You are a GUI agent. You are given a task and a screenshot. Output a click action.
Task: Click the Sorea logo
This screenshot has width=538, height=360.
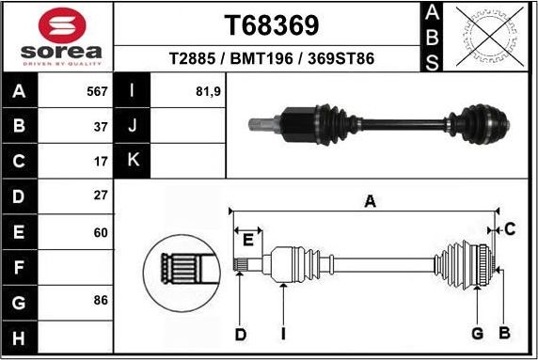(x=57, y=35)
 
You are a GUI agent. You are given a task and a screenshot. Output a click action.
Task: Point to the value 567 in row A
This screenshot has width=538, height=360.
(x=98, y=92)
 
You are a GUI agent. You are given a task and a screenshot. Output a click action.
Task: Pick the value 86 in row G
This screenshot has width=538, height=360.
(x=101, y=301)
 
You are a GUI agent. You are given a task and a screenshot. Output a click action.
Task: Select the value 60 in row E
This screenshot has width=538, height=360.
(x=101, y=231)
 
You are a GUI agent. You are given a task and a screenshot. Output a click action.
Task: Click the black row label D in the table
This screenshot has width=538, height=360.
(x=20, y=196)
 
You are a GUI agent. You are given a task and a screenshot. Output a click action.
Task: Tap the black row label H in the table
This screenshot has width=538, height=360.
(x=20, y=336)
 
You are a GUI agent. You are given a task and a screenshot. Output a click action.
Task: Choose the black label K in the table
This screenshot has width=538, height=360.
(x=132, y=161)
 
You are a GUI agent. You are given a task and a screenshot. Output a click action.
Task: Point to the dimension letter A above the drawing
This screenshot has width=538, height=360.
(x=371, y=200)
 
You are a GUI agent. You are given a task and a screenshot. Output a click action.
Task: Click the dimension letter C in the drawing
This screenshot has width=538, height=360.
(x=509, y=228)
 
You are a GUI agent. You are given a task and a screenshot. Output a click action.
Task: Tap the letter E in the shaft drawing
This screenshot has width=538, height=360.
(x=247, y=241)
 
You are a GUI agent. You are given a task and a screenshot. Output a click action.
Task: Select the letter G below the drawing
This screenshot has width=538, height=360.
(x=477, y=333)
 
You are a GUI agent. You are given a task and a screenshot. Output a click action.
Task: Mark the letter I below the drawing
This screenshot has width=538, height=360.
(x=282, y=333)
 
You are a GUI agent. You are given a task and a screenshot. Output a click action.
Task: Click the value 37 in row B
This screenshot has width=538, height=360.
(x=101, y=126)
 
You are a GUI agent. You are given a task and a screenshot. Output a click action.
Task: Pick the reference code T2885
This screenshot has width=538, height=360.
(x=191, y=58)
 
